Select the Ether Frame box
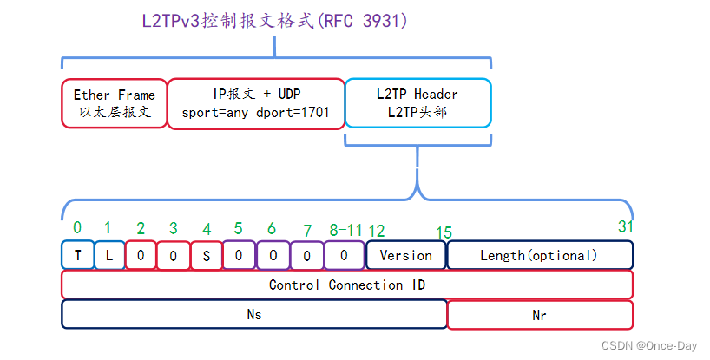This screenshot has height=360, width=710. pyautogui.click(x=114, y=103)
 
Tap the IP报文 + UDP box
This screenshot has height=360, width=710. pyautogui.click(x=255, y=103)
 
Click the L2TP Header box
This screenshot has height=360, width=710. pyautogui.click(x=417, y=103)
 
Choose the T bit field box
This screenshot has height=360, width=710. pyautogui.click(x=77, y=255)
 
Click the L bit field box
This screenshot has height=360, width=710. pyautogui.click(x=109, y=255)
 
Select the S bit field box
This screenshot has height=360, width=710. pyautogui.click(x=206, y=255)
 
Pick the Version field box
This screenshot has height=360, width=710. pyautogui.click(x=405, y=255)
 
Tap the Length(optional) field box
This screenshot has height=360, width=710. pyautogui.click(x=540, y=255)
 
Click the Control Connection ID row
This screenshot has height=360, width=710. pyautogui.click(x=347, y=285)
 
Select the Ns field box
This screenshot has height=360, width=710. pyautogui.click(x=253, y=315)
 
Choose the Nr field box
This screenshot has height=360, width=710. pyautogui.click(x=540, y=315)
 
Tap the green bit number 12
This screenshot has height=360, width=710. pyautogui.click(x=376, y=230)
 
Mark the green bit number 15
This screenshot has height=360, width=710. pyautogui.click(x=444, y=232)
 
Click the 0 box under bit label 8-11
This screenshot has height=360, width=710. pyautogui.click(x=344, y=255)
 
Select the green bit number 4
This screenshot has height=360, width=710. pyautogui.click(x=206, y=230)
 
